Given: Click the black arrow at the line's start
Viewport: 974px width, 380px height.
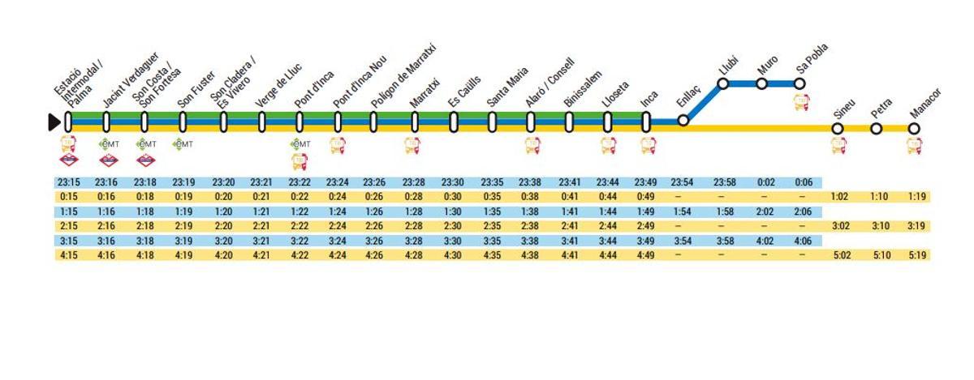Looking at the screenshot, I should click(54, 122).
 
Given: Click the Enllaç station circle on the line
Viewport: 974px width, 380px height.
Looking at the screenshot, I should click(683, 120).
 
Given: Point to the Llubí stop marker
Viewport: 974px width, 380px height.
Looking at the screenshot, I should click(722, 83).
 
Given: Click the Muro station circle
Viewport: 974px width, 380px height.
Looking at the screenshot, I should click(761, 83).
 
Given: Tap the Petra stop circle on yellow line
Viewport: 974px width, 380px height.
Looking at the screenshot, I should click(876, 128).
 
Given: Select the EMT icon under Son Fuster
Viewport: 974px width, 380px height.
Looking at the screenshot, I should click(183, 144).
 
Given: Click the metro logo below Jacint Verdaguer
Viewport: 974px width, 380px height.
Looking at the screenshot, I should click(107, 160).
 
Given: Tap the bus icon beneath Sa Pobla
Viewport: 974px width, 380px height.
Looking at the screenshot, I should click(801, 103).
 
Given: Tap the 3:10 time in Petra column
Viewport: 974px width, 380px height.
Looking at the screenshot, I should click(878, 226).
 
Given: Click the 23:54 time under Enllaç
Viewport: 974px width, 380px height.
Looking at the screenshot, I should click(683, 182).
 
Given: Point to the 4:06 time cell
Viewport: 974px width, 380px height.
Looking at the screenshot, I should click(802, 241).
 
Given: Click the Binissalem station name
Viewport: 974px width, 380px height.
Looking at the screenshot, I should click(582, 90).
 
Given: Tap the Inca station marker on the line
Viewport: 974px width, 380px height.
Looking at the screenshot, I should click(646, 122).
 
